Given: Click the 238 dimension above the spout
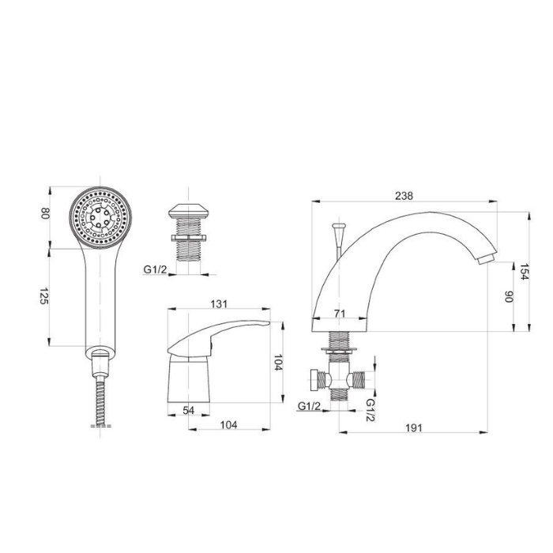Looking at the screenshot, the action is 404,195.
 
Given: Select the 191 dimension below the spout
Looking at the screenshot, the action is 414,428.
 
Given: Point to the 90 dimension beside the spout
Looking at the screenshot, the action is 509,296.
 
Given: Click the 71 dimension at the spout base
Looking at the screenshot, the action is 340,313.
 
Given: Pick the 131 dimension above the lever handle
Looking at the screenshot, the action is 219,303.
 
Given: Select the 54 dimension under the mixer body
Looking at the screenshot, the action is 189,410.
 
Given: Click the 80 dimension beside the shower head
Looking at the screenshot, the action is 45,213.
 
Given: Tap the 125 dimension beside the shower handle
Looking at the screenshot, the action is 43,296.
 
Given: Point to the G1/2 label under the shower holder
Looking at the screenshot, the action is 155,269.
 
